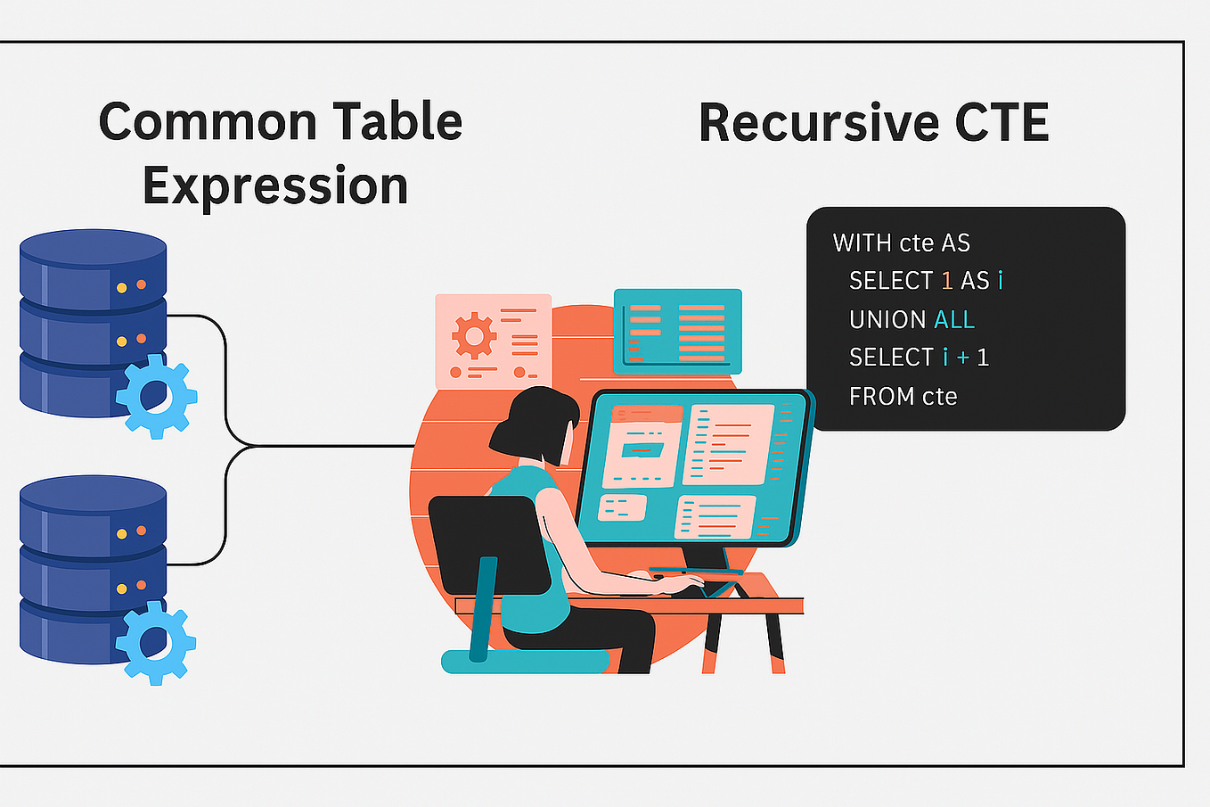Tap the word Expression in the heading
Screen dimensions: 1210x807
click(275, 186)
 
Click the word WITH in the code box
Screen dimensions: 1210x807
click(862, 243)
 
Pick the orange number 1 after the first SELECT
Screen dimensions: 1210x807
click(947, 281)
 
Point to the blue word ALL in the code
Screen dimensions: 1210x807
click(954, 319)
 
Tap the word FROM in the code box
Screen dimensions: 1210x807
click(879, 396)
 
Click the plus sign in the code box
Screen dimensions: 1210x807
click(963, 358)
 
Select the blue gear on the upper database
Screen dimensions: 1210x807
click(156, 396)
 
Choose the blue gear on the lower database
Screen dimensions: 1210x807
click(156, 642)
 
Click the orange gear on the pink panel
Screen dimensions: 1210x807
click(473, 337)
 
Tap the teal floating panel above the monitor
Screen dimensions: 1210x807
click(677, 331)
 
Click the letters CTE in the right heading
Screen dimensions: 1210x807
click(1002, 123)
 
